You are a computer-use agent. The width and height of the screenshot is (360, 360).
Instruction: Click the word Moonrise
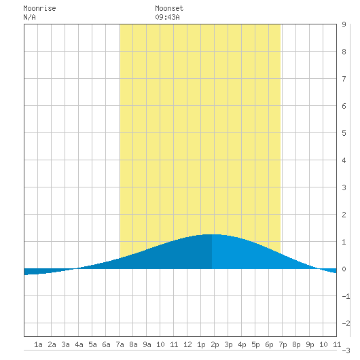point(39,9)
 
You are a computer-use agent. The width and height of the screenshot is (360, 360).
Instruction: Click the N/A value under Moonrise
point(30,17)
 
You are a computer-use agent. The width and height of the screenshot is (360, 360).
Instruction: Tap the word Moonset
point(169,9)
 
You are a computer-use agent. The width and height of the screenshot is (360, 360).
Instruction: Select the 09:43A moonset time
point(167,17)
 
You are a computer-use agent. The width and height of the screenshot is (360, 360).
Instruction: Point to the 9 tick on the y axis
point(344,24)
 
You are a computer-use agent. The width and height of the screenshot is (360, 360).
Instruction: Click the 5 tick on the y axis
point(344,133)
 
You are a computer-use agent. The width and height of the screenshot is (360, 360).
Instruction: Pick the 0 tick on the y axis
point(344,269)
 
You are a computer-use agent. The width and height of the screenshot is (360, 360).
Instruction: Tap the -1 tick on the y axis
point(346,296)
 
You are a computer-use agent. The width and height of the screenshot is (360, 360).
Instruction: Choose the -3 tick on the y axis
point(346,350)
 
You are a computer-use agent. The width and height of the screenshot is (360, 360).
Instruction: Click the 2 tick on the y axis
point(344,215)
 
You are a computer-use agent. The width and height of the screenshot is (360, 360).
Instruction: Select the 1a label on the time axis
point(38,344)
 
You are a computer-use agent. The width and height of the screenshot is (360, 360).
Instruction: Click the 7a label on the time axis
point(120,344)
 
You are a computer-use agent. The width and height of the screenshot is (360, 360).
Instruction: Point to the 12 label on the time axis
point(187,344)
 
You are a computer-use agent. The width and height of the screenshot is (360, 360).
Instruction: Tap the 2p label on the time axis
point(215,344)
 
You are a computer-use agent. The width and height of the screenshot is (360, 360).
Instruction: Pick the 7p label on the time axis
point(283,344)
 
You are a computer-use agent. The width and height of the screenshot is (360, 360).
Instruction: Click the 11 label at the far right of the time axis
point(337,344)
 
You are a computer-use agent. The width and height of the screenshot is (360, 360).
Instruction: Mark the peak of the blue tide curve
point(212,234)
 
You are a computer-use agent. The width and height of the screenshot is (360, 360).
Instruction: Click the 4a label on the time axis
point(79,344)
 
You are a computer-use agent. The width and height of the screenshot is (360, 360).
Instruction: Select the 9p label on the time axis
point(310,344)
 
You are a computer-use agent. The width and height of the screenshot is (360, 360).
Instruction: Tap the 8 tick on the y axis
point(344,52)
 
